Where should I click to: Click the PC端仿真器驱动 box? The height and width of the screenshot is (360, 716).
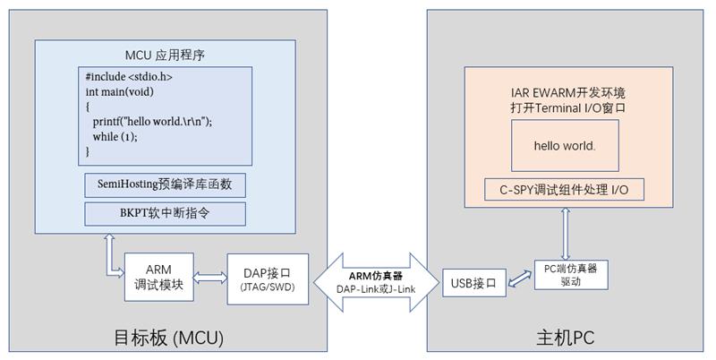(x=571, y=274)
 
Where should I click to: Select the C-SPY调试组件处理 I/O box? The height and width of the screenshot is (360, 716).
(x=564, y=190)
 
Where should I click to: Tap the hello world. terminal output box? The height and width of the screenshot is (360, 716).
(x=564, y=145)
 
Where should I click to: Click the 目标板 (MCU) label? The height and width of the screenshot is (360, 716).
(x=168, y=338)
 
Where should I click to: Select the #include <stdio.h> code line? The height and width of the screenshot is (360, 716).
(x=129, y=77)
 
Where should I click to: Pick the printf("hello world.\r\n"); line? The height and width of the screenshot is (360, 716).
(x=152, y=121)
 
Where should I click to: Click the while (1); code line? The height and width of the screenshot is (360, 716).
(x=115, y=136)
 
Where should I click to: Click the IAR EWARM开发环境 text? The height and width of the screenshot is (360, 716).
(x=564, y=92)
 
